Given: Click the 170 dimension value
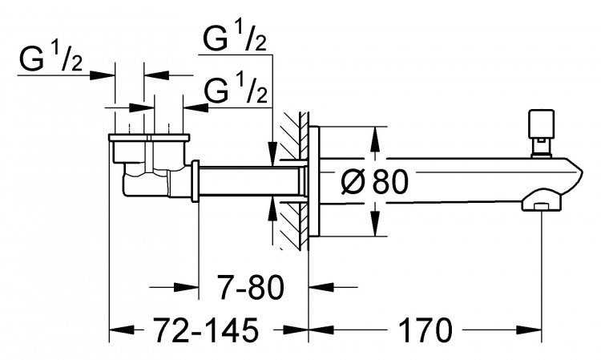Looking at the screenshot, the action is tap(426, 330).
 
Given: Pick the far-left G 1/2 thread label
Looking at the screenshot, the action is tap(50, 59).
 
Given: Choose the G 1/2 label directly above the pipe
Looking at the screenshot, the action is tap(236, 89).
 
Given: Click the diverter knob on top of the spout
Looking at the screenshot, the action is tap(541, 132).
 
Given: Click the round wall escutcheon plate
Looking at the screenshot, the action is tap(314, 180).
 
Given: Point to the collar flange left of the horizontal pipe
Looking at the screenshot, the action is tap(195, 180).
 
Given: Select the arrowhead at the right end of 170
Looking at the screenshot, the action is tap(529, 330).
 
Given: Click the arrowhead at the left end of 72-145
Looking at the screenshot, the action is tap(123, 330).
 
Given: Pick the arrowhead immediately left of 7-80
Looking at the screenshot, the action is tap(186, 287).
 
